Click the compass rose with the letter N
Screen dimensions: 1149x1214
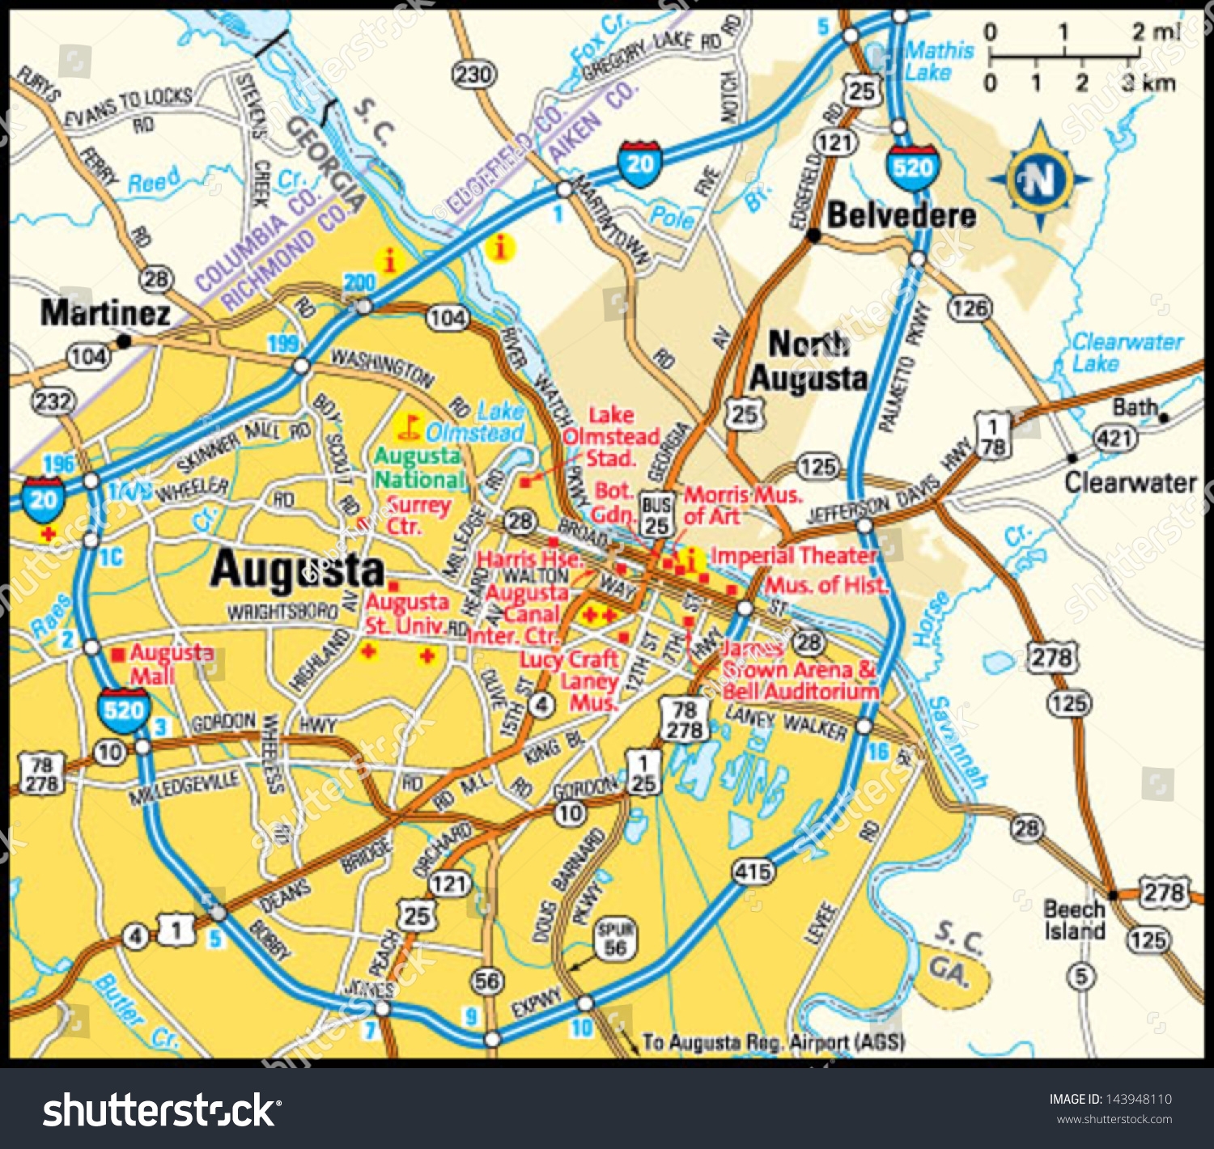pyautogui.click(x=1040, y=179)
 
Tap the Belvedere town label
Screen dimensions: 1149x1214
pyautogui.click(x=901, y=215)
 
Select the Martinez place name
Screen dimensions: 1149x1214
pyautogui.click(x=105, y=313)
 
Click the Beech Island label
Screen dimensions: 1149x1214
pyautogui.click(x=1074, y=920)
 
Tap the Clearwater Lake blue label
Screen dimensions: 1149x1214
pyautogui.click(x=1126, y=352)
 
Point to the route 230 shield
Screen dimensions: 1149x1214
pyautogui.click(x=473, y=75)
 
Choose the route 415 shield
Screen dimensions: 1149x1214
pyautogui.click(x=753, y=871)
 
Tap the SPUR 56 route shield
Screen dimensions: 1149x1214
pyautogui.click(x=615, y=939)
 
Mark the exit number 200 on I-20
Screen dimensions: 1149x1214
pyautogui.click(x=359, y=282)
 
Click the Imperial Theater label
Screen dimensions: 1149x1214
pyautogui.click(x=793, y=556)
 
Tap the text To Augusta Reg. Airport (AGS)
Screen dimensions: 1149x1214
pyautogui.click(x=773, y=1042)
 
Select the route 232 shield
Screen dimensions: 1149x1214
pyautogui.click(x=53, y=401)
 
